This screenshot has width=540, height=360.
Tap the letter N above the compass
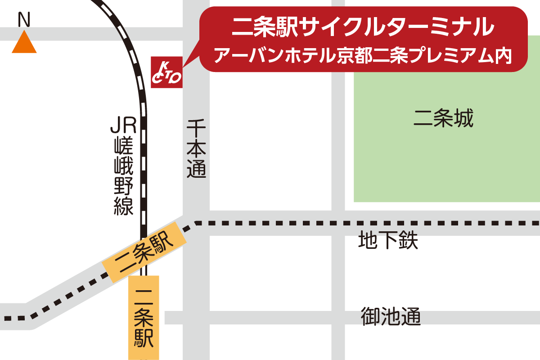coord(23,19)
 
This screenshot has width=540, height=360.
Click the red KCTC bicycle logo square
coord(166,72)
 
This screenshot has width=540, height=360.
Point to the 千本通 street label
coord(197,148)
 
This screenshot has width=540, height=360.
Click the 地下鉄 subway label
coord(388,240)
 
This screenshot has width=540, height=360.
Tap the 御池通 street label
coord(391,317)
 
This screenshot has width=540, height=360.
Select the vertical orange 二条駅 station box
coord(144,317)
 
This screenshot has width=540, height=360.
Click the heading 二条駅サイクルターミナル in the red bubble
coord(362,27)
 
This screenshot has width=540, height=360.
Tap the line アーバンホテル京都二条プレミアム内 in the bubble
coord(363,55)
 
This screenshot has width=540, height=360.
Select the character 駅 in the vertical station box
coord(144,338)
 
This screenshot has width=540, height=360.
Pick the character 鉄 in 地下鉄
coord(408,240)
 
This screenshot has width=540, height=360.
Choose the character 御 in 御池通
coord(371,317)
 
